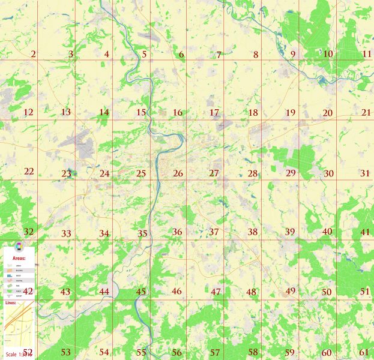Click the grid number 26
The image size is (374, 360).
pyautogui.click(x=178, y=174)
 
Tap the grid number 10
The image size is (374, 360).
pyautogui.click(x=328, y=54)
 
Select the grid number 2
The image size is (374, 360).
pyautogui.click(x=33, y=55)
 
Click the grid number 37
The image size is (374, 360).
pyautogui.click(x=214, y=232)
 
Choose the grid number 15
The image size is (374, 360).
pyautogui.click(x=141, y=113)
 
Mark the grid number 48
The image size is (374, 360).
pyautogui.click(x=251, y=292)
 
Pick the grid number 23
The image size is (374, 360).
pyautogui.click(x=66, y=174)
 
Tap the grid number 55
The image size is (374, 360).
pyautogui.click(x=141, y=352)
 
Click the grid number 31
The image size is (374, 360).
pyautogui.click(x=365, y=173)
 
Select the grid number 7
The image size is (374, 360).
pyautogui.click(x=219, y=55)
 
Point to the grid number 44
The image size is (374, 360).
pyautogui.click(x=104, y=292)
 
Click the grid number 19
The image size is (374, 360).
pyautogui.click(x=291, y=113)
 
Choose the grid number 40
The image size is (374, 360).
pyautogui.click(x=327, y=232)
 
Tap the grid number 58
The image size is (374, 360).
pyautogui.click(x=253, y=352)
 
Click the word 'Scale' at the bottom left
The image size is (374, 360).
pyautogui.click(x=10, y=355)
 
